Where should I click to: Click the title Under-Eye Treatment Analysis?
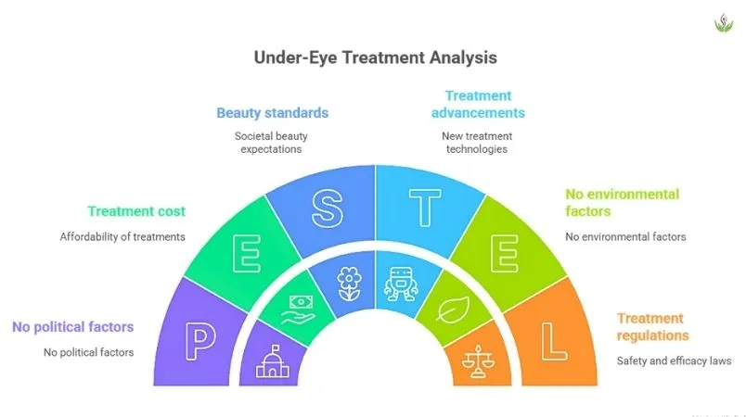point(375,57)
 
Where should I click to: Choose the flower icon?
point(348,279)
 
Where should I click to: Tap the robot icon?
point(401,279)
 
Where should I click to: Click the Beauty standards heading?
point(273,113)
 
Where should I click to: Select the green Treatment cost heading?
point(135,210)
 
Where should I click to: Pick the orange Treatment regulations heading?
point(651,326)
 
